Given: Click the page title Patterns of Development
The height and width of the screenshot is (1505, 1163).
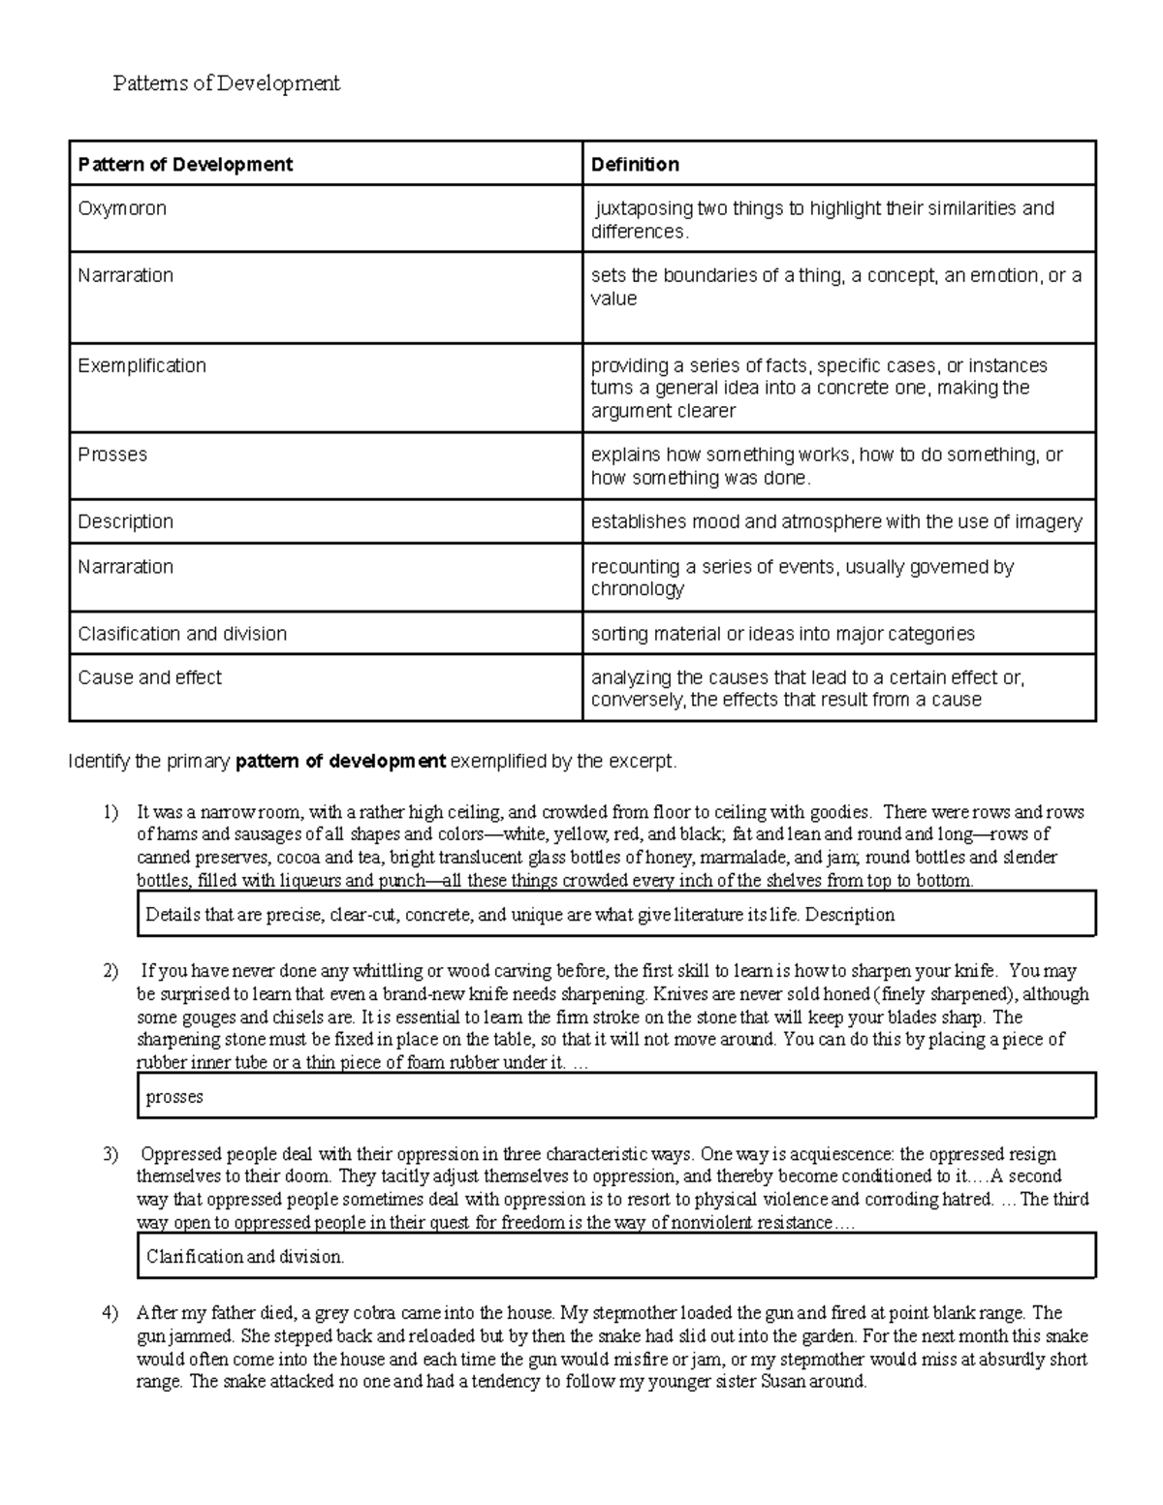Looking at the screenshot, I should [226, 83].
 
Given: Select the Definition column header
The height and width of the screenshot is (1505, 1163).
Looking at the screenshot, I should [635, 165].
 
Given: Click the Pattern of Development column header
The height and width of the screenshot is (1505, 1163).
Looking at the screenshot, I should [185, 165].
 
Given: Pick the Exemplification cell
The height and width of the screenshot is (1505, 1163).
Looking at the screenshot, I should [141, 365].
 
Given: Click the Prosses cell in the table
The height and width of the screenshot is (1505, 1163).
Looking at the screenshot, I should [112, 455].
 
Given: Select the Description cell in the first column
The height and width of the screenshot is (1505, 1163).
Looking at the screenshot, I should [125, 521].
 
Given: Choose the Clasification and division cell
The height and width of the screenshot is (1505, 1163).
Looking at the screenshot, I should [182, 634].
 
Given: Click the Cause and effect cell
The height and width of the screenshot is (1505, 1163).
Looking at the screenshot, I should [149, 677].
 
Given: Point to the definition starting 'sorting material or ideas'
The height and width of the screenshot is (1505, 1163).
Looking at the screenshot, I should [782, 634].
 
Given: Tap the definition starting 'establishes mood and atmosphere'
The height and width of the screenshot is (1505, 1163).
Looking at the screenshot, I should [835, 521].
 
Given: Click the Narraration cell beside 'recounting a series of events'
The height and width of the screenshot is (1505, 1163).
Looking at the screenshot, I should [125, 567].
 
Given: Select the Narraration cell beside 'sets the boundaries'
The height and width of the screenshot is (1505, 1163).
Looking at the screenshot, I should [125, 275].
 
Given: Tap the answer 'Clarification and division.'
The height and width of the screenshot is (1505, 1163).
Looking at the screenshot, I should [245, 1257].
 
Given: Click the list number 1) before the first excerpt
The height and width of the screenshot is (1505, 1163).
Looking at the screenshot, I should [110, 812].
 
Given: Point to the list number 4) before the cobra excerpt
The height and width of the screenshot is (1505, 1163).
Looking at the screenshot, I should [110, 1313].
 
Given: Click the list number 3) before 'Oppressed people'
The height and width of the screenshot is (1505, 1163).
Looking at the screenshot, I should [110, 1154].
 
